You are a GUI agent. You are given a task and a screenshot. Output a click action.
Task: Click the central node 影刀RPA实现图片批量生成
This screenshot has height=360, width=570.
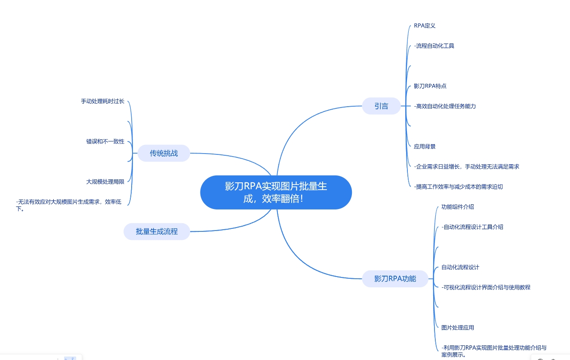pos(276,192)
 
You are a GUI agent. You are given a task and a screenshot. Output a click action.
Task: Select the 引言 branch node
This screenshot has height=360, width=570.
pos(381,106)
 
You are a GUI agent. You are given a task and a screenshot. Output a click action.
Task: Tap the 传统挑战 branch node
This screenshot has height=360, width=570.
pos(164,153)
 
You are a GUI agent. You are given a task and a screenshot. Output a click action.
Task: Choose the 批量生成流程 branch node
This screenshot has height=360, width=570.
pos(157,231)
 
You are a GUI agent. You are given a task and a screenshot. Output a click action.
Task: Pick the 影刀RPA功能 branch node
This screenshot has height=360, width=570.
pos(395,278)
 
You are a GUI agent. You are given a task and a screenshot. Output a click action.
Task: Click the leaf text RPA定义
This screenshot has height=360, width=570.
pos(425,26)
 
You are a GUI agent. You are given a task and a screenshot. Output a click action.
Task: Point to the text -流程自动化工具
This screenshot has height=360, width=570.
pos(434,46)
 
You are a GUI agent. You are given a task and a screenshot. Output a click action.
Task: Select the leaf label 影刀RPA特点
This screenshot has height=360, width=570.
pos(430,86)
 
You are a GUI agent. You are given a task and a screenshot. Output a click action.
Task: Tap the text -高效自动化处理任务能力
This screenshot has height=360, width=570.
pos(445,106)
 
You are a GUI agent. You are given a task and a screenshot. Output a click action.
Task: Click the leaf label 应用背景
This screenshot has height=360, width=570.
pos(425,146)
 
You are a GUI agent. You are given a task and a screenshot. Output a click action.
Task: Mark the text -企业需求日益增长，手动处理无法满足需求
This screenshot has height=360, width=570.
pos(466,166)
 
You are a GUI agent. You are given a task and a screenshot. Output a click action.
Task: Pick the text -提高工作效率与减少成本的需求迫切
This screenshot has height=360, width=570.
pos(458,187)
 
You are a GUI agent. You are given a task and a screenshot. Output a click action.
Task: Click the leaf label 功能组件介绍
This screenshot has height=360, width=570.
pos(458,207)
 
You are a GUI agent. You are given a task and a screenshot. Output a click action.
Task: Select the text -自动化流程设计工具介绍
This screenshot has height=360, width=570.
pos(472,227)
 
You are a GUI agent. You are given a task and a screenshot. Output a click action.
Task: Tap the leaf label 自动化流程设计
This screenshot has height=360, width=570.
pos(460,267)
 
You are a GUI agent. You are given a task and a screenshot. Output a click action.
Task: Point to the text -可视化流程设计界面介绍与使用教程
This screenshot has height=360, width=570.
pos(486,287)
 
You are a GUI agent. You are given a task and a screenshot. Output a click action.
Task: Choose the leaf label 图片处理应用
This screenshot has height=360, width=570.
pos(458,328)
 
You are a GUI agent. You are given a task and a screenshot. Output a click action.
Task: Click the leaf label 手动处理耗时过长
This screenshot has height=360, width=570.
pos(102,102)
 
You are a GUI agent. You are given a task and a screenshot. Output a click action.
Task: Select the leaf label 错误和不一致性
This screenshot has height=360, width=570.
pos(105,142)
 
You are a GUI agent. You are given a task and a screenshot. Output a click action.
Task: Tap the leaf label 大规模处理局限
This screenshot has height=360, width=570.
pos(105,182)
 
